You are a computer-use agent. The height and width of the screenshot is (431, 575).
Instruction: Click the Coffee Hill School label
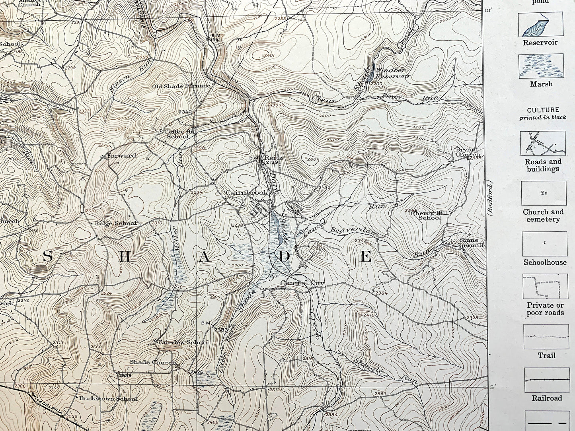177,134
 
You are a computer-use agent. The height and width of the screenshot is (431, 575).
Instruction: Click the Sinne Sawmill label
471,243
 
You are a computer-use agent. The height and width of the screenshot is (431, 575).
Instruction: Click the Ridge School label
115,223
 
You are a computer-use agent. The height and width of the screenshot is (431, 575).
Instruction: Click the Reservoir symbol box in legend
540,25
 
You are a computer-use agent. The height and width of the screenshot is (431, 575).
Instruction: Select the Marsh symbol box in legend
540,66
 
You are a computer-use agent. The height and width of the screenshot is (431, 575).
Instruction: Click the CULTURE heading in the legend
543,110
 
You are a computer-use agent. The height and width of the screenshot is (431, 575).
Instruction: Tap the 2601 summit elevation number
313,159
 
